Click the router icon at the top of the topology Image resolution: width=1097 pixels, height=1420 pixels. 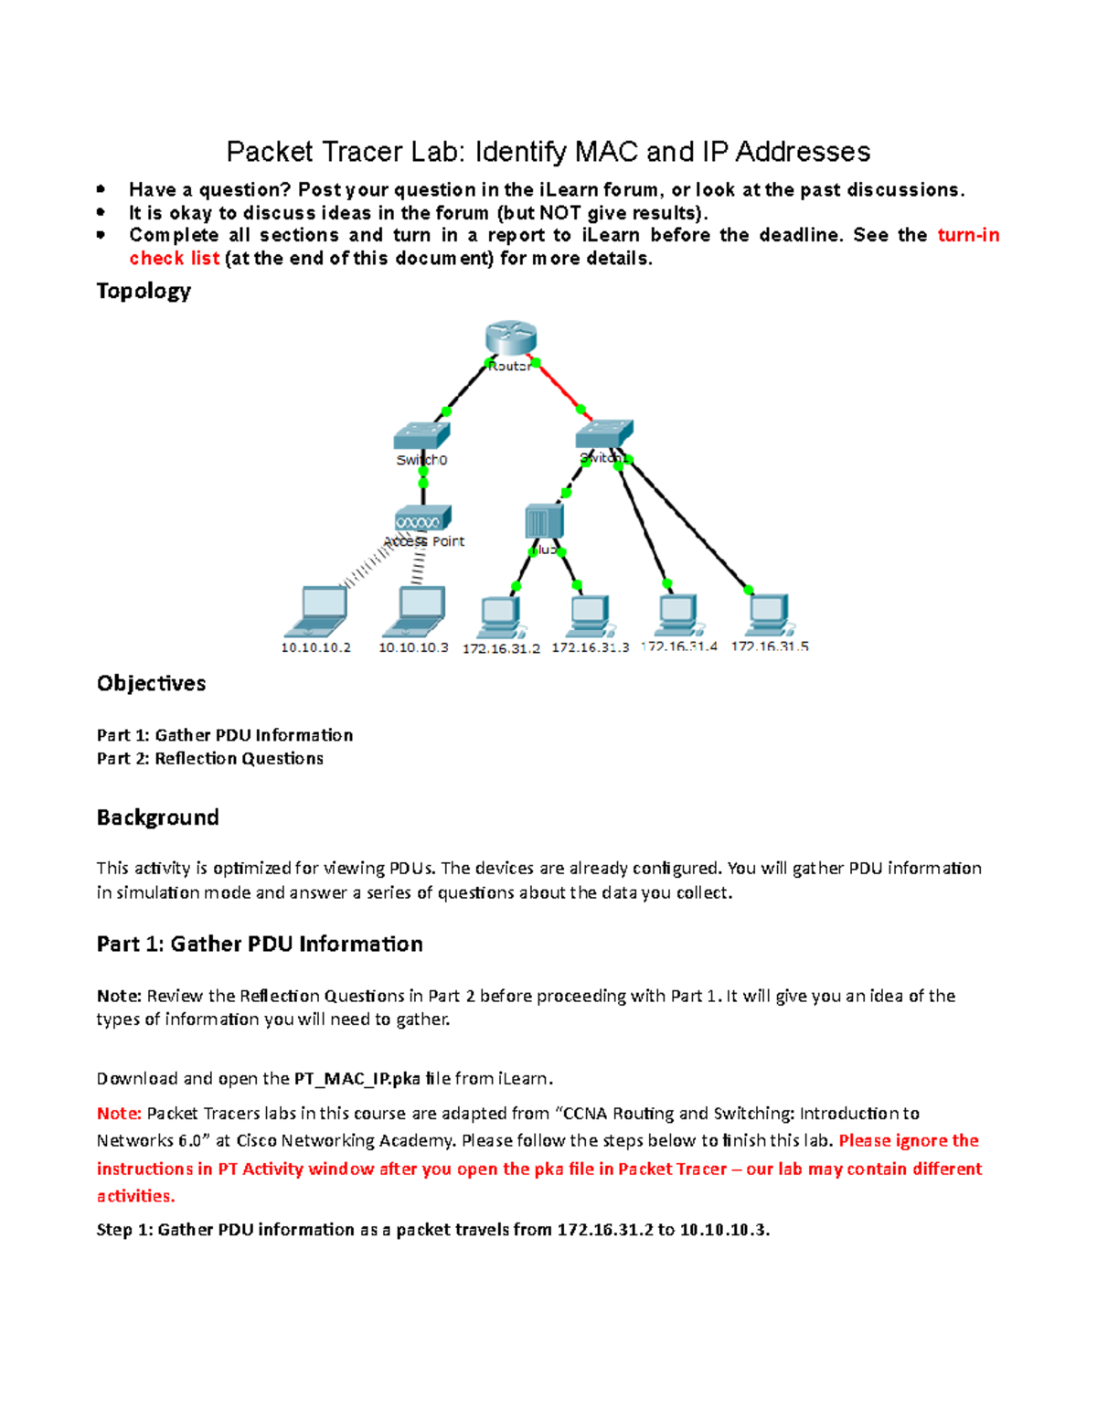coord(510,337)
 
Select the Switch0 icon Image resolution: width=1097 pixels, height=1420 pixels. coord(421,436)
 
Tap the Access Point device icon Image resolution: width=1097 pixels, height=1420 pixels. coord(422,518)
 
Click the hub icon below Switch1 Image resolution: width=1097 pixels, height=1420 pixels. coord(544,522)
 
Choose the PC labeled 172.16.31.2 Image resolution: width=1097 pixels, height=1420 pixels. coord(500,617)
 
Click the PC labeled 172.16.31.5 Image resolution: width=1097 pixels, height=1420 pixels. coord(769,615)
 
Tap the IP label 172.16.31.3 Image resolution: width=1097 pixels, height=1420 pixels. coord(590,647)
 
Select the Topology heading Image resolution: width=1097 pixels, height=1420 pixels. coord(144,291)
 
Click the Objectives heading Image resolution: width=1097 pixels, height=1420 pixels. coord(151,683)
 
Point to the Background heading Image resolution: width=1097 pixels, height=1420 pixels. coord(157,817)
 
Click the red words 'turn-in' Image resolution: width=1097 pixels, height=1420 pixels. coord(968,235)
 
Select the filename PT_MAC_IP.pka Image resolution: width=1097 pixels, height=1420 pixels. coord(357,1078)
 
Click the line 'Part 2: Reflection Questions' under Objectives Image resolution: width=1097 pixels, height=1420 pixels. coord(210,758)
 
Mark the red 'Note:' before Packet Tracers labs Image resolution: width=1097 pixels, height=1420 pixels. coord(119,1113)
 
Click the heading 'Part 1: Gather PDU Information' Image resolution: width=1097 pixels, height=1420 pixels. coord(260,944)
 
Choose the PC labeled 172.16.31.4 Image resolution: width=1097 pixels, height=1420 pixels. coord(677,614)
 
